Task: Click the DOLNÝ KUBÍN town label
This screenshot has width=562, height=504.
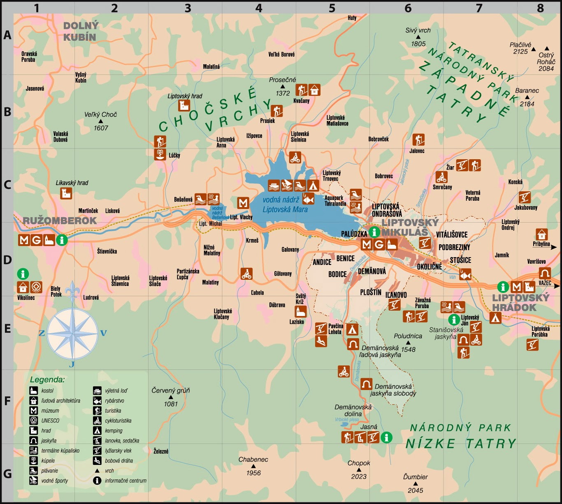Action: [x=81, y=31]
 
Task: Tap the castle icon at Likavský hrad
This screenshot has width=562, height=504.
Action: [x=66, y=193]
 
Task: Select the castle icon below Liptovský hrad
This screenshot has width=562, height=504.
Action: [x=184, y=105]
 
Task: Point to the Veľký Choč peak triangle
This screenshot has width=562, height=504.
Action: [x=101, y=121]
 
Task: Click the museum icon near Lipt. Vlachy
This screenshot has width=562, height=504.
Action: [x=243, y=203]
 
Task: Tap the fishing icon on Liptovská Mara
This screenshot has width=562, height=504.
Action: [x=308, y=199]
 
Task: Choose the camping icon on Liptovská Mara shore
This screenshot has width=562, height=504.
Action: [x=313, y=185]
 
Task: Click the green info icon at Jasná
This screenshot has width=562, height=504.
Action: [x=386, y=437]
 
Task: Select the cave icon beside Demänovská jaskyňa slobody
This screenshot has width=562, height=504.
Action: [x=366, y=384]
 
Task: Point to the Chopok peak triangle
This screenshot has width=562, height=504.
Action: [x=358, y=470]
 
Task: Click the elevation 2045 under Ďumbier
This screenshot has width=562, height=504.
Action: [x=415, y=490]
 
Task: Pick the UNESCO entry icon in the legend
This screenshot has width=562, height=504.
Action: [x=34, y=420]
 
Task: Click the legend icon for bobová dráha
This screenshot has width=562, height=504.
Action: [x=97, y=460]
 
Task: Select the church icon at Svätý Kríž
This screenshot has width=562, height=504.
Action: [x=301, y=311]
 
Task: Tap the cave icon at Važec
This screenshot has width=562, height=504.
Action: [x=545, y=273]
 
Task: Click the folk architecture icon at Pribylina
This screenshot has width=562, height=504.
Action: [x=542, y=234]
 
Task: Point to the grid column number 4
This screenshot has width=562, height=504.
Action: [x=258, y=8]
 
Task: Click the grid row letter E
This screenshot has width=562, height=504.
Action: [x=7, y=329]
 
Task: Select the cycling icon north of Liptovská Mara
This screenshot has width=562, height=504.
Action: [x=295, y=157]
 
